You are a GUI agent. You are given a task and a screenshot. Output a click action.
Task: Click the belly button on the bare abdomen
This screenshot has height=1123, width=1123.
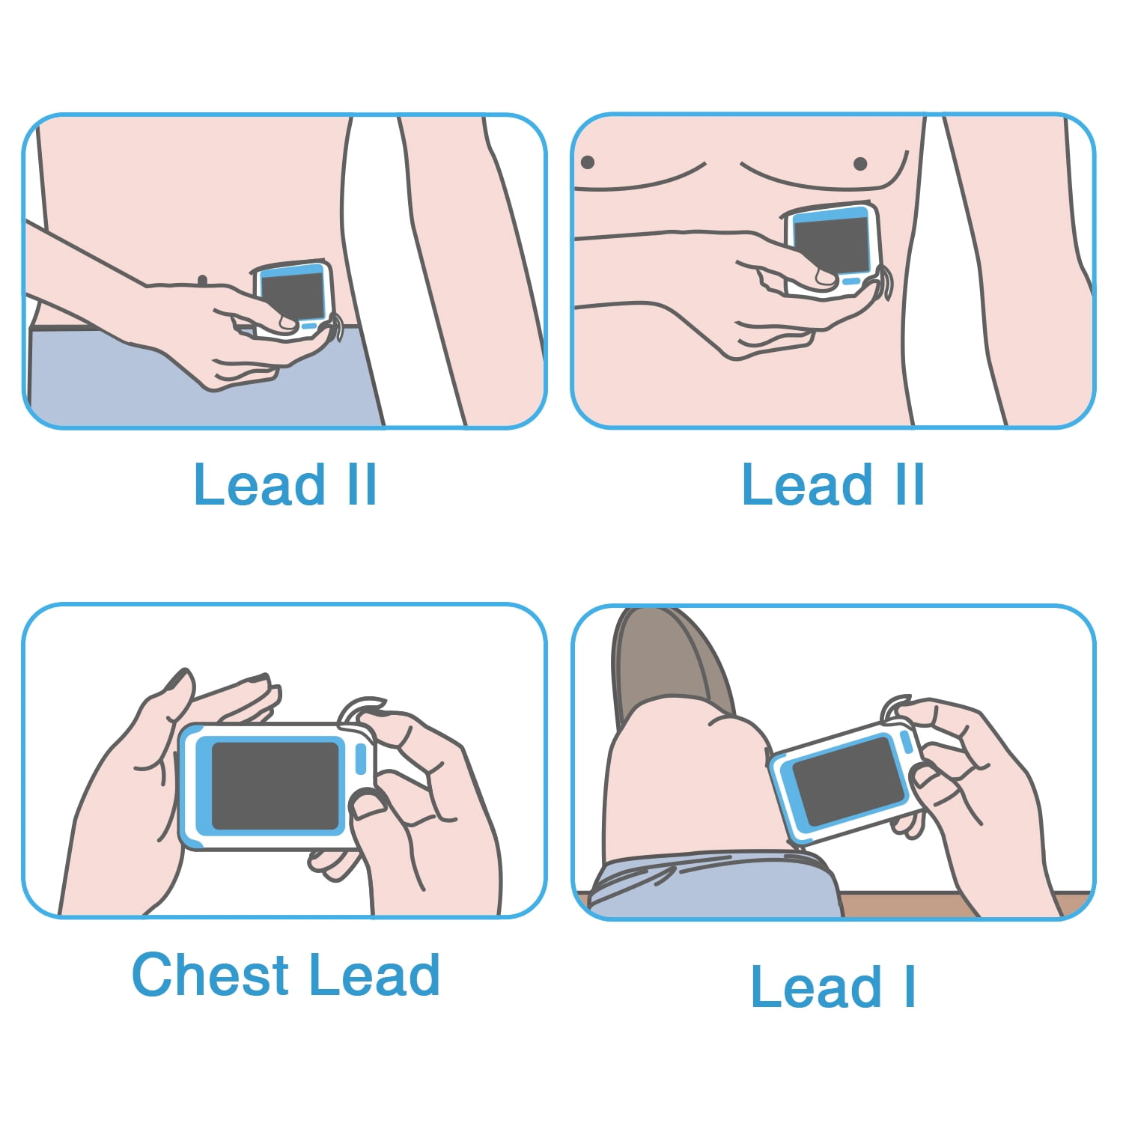202,281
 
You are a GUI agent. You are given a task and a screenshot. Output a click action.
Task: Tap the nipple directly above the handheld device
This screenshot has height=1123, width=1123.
860,163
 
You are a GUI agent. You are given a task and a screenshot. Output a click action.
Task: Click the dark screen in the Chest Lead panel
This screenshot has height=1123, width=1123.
276,786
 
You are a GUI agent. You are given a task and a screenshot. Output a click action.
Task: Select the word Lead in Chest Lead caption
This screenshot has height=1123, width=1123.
374,975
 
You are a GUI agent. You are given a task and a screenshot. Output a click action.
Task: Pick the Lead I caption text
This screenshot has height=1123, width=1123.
833,986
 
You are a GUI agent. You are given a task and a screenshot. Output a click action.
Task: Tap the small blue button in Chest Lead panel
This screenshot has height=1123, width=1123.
360,759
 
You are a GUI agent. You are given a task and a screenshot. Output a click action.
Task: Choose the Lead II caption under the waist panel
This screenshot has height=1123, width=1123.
284,485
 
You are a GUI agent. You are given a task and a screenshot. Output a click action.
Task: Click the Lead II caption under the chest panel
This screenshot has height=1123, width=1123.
833,485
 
